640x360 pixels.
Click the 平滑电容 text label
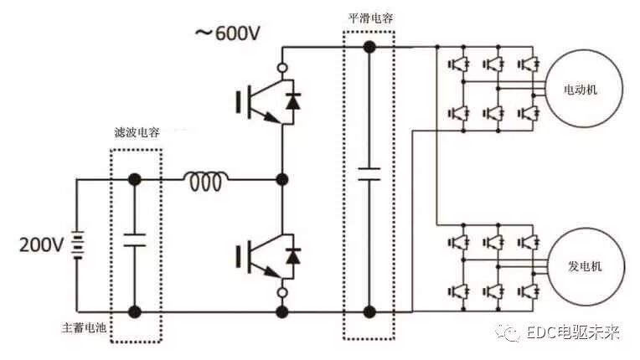(369, 18)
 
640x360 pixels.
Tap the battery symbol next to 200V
(77, 245)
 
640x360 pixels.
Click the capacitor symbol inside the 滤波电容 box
(134, 240)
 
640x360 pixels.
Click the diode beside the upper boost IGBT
(292, 101)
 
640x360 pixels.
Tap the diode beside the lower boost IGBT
(292, 254)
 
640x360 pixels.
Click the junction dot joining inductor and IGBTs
(282, 179)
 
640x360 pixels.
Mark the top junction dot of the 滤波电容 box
(134, 179)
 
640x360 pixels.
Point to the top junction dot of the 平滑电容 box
(369, 47)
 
